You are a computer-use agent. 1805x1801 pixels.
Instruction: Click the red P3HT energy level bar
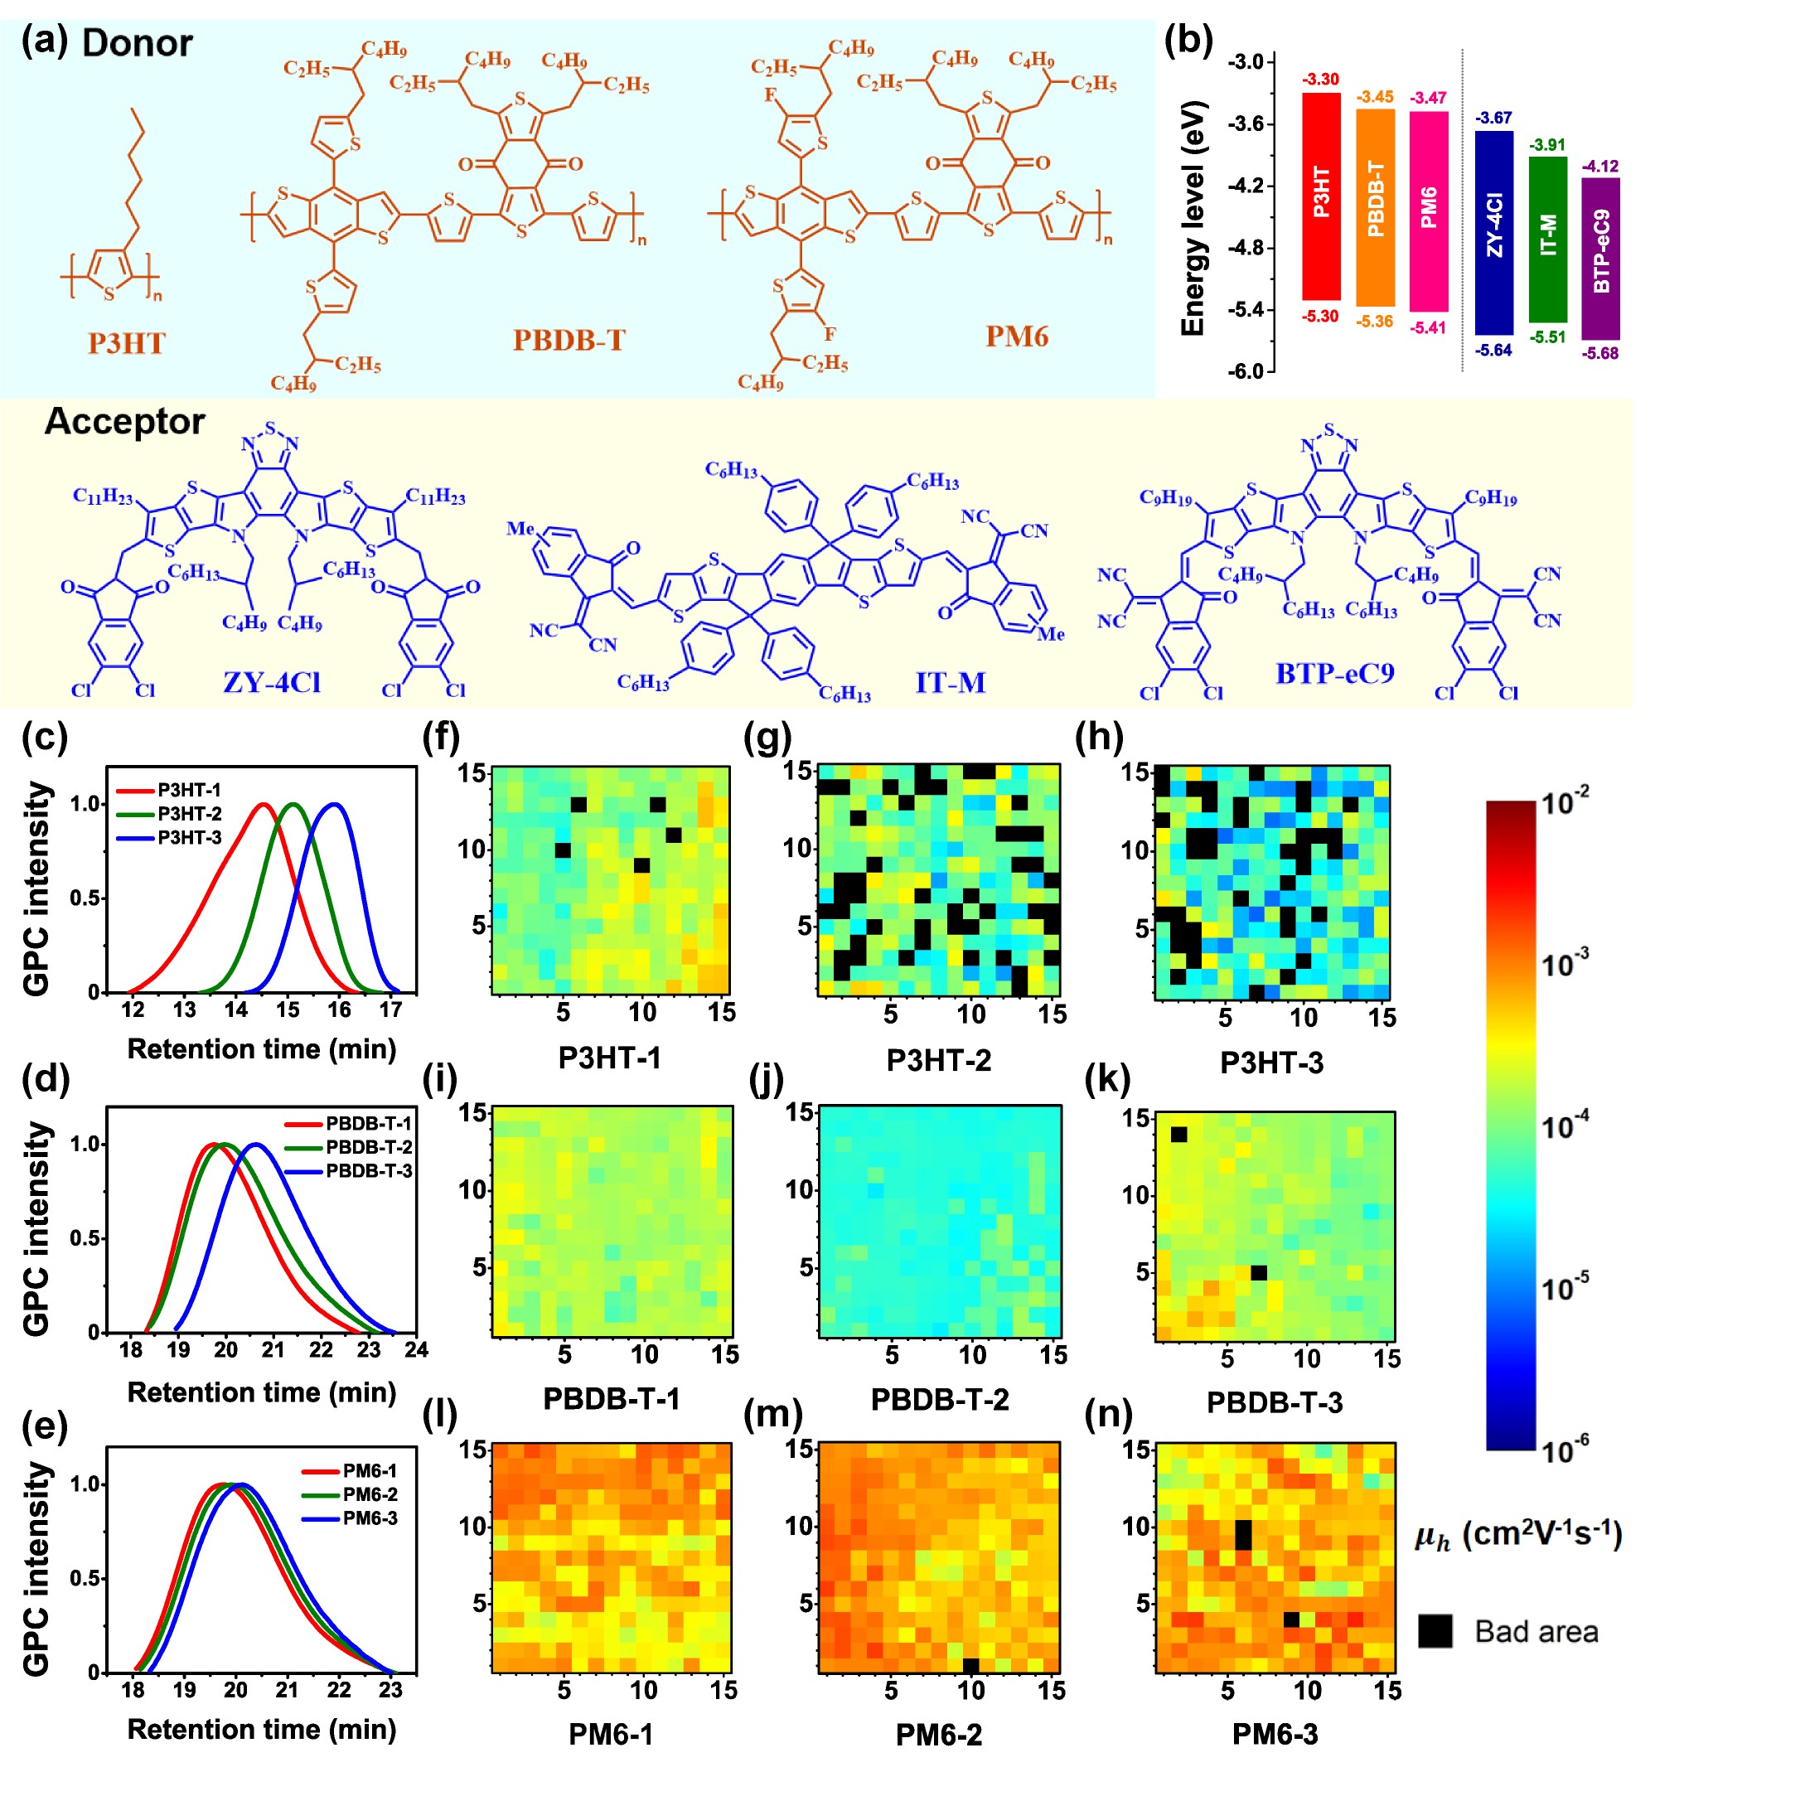[1320, 196]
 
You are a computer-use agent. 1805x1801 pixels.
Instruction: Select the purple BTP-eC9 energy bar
[1599, 258]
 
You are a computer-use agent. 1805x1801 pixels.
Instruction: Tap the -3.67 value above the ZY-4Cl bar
[1493, 118]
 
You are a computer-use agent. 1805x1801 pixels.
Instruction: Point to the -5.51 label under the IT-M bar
[1547, 337]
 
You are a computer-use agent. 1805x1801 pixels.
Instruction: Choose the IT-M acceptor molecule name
[950, 683]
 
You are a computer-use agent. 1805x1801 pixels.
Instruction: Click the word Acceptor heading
[124, 421]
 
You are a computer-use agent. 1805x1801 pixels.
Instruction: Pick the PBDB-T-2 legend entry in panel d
[368, 1147]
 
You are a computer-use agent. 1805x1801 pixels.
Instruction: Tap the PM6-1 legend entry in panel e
[369, 1471]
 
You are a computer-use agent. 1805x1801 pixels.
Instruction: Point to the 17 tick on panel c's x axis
[390, 1009]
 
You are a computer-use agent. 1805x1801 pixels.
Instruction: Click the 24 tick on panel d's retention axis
[416, 1350]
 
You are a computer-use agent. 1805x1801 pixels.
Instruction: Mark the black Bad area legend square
[1435, 1631]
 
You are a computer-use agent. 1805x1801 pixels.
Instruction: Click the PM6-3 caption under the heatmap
[1275, 1735]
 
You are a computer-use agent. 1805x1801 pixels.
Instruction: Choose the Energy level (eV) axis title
[1194, 218]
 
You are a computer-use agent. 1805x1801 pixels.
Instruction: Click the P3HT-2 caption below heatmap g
[938, 1060]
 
